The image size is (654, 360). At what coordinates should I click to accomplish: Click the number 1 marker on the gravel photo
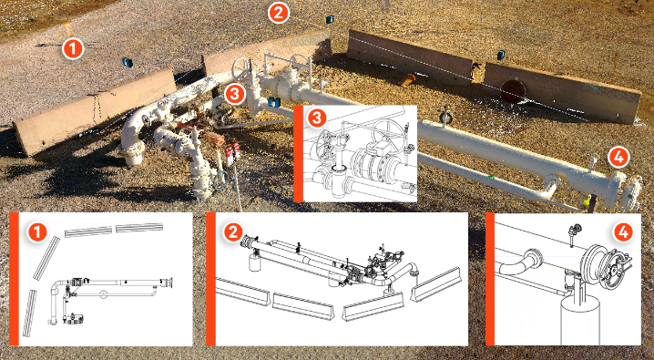click(x=73, y=49)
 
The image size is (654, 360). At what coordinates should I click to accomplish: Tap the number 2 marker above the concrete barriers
click(x=279, y=13)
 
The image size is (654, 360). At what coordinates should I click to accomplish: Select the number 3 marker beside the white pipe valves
click(x=235, y=94)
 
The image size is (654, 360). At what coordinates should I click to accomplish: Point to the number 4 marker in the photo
click(x=618, y=158)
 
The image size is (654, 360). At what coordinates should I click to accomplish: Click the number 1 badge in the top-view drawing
click(x=37, y=231)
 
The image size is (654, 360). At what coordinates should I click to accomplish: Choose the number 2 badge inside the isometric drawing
click(x=233, y=231)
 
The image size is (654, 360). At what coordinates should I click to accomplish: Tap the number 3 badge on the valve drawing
click(x=317, y=118)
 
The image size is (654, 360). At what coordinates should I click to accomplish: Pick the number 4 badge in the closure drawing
click(x=623, y=231)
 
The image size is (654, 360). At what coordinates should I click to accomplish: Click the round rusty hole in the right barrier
click(x=512, y=90)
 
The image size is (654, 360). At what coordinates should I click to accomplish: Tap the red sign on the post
click(x=232, y=150)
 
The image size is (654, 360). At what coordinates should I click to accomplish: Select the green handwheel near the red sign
click(x=220, y=180)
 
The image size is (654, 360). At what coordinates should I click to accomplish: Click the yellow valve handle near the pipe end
click(x=587, y=201)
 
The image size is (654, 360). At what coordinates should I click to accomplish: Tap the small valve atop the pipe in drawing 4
click(x=576, y=231)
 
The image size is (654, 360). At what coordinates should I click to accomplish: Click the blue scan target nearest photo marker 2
click(x=330, y=19)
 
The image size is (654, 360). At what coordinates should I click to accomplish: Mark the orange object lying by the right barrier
click(x=408, y=79)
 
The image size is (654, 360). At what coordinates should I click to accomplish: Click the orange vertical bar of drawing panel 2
click(x=210, y=279)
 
